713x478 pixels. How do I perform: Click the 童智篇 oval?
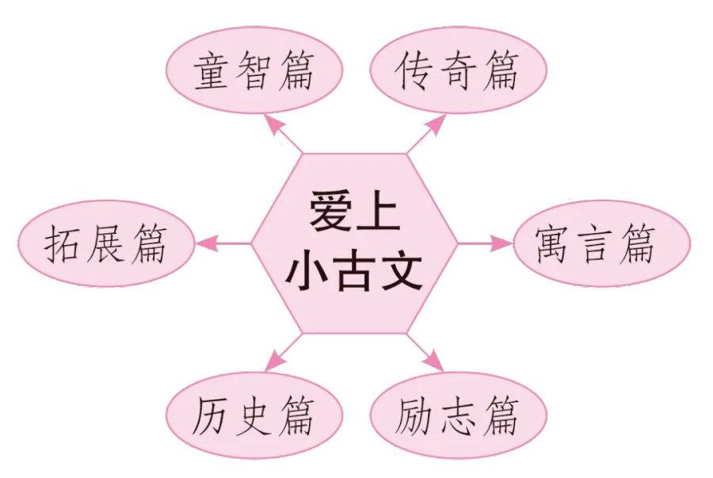[x=254, y=70]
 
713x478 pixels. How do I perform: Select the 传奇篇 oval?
[x=459, y=70]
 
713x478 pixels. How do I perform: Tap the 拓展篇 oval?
[x=106, y=243]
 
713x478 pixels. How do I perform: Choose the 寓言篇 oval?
[x=602, y=243]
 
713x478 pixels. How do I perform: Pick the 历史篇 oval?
[x=254, y=415]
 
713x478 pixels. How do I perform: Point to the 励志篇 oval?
[x=459, y=415]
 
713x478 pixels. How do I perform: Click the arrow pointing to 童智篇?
[x=284, y=134]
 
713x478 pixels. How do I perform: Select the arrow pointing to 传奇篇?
[x=426, y=134]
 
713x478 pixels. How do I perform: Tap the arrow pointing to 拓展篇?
[x=223, y=243]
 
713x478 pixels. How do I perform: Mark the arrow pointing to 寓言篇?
[x=485, y=243]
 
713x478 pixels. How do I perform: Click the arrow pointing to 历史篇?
[x=284, y=353]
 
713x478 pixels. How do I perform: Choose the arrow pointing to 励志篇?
[x=425, y=353]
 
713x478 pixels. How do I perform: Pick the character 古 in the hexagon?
[x=355, y=272]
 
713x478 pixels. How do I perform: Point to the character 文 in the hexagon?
[x=402, y=272]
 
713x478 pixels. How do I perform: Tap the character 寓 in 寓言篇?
[x=552, y=245]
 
